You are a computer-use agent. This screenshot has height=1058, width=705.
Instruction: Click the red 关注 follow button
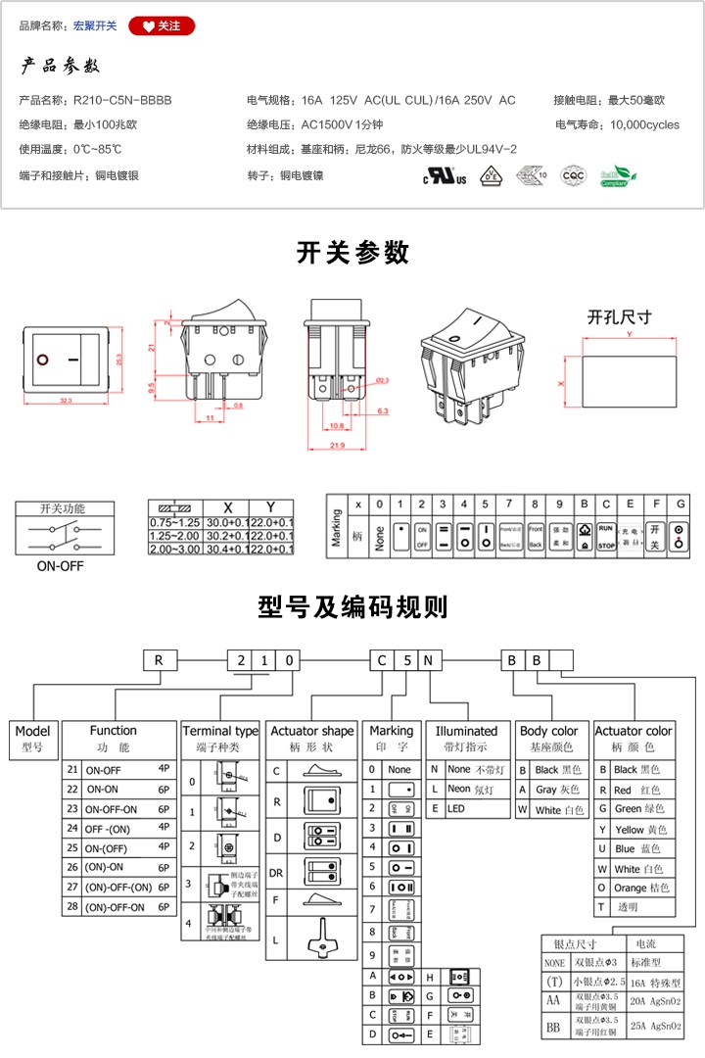[162, 26]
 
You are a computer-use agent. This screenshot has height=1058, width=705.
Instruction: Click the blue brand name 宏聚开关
[95, 26]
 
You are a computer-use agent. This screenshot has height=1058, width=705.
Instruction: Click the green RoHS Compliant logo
[619, 176]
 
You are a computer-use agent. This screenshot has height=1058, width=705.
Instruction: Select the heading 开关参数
[352, 253]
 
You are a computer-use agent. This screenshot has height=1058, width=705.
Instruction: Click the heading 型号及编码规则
[352, 607]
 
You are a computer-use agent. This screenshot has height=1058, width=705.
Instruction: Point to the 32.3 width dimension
[67, 402]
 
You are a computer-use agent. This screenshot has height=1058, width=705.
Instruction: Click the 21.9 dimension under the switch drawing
[336, 447]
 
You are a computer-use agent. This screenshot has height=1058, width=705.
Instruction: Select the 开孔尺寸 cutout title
[619, 317]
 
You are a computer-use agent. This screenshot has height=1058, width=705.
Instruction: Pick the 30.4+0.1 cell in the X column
[227, 550]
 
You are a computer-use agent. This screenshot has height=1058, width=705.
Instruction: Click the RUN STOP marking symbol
[606, 535]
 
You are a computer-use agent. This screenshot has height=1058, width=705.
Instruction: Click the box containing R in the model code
[159, 659]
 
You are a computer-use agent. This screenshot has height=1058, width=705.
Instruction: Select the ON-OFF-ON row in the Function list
[112, 809]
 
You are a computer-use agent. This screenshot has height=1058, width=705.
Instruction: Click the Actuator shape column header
[312, 731]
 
